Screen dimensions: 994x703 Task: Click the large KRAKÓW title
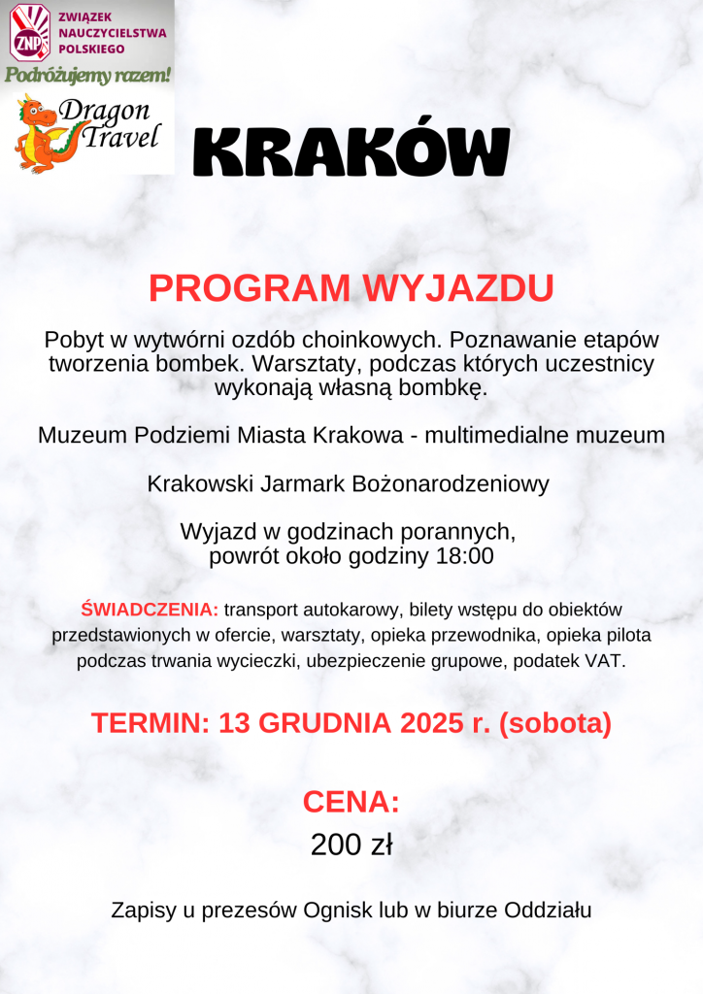point(351,152)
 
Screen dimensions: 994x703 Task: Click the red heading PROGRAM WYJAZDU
point(351,288)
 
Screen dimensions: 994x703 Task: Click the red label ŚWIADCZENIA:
point(151,610)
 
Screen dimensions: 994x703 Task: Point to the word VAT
point(607,662)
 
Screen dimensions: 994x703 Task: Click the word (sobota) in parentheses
point(554,723)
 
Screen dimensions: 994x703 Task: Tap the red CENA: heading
point(351,801)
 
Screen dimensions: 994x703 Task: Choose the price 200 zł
point(351,845)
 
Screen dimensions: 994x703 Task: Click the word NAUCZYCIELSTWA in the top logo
point(111,33)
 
